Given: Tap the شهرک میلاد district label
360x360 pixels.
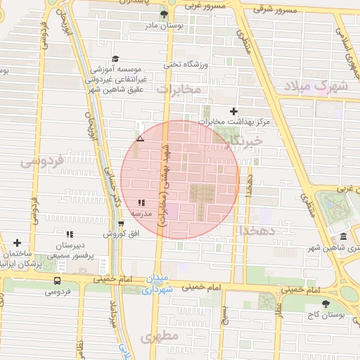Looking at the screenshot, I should (x=316, y=86).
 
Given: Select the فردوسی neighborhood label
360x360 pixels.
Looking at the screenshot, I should (x=41, y=161).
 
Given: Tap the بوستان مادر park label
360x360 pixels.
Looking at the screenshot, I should (x=163, y=25).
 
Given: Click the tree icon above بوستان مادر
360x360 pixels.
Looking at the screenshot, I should (x=164, y=13).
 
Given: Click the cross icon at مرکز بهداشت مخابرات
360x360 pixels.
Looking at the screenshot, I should (x=234, y=111).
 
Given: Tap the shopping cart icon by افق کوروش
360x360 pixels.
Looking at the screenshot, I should (x=121, y=224).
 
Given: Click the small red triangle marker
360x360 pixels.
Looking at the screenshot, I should (x=140, y=139).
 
